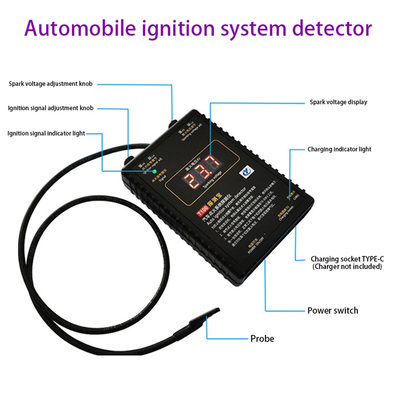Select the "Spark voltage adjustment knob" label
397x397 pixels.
point(51,84)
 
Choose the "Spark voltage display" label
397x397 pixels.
point(338,102)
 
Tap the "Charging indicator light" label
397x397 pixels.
point(339,149)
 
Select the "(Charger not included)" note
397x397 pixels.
point(347,266)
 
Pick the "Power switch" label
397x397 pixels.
point(333,310)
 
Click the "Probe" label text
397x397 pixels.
point(262,339)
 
